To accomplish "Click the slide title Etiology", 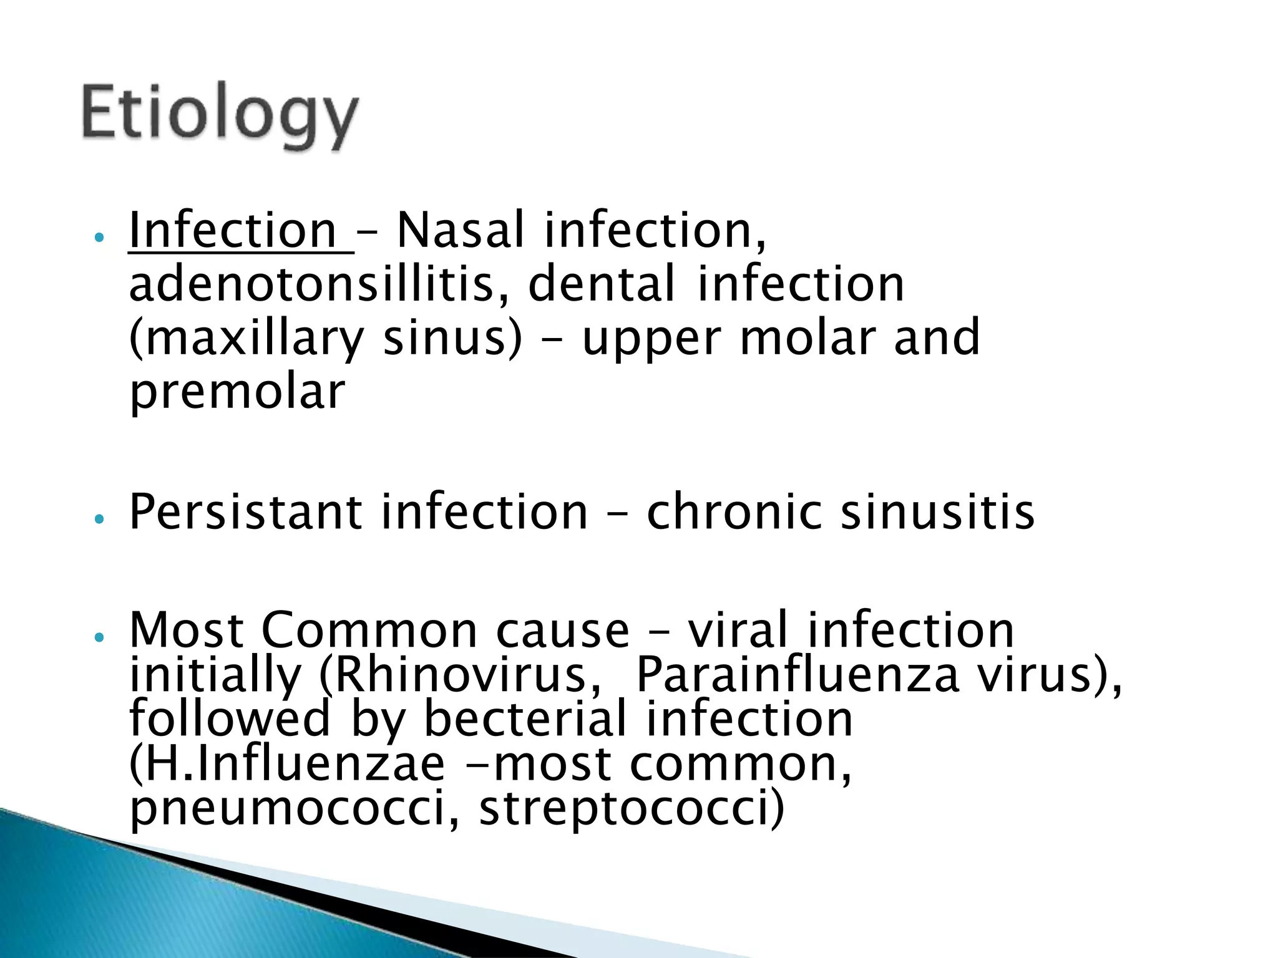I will coord(220,115).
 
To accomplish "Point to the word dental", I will coord(601,284).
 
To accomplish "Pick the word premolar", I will coord(237,391).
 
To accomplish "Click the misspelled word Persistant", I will coord(245,512).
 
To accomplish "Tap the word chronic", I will coord(734,512).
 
